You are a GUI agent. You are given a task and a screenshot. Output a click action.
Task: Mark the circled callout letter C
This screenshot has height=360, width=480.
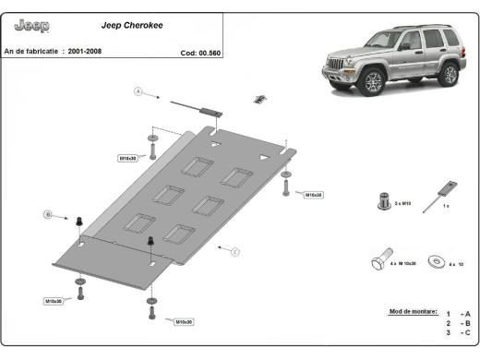coord(235,251)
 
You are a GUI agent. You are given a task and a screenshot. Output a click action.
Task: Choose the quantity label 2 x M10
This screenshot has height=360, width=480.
coord(403,201)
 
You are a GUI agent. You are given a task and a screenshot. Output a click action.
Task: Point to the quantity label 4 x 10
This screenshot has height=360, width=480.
coord(456,264)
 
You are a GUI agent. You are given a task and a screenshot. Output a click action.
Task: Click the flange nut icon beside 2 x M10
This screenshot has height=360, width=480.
coord(383,199)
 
